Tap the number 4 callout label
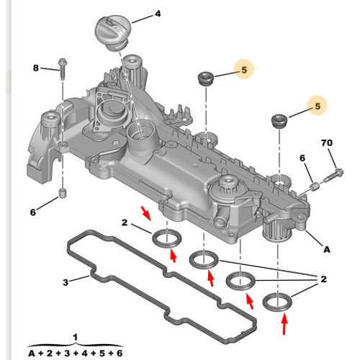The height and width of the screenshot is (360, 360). (x=158, y=14)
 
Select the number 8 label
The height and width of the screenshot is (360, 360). (x=35, y=68)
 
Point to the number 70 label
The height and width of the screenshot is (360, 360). (x=327, y=143)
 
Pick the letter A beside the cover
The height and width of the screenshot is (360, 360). (x=326, y=250)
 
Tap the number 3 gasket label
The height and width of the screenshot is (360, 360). (x=65, y=282)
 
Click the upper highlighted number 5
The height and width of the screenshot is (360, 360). (x=244, y=70)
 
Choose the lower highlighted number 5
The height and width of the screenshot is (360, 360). (x=315, y=107)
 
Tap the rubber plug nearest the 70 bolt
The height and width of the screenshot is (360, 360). (x=278, y=119)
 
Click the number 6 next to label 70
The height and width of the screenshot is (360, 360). (x=302, y=158)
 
